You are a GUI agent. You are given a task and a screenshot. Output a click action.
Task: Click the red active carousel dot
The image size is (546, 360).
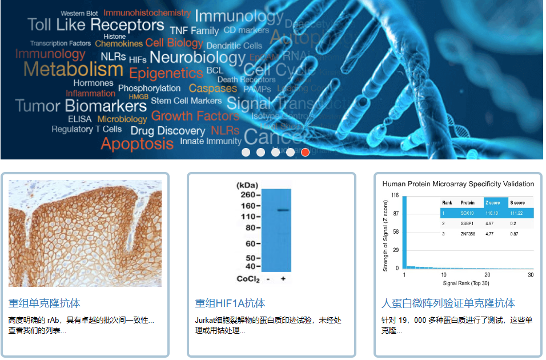pos(305,152)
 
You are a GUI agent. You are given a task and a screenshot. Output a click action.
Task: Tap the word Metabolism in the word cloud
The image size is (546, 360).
pos(73,70)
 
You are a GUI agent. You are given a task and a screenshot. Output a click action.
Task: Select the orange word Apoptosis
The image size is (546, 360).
pos(137,143)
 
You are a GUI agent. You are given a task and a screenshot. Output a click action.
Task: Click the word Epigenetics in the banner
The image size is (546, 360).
pos(166,73)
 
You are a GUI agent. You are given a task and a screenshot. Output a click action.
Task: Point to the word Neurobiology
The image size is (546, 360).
pos(198,58)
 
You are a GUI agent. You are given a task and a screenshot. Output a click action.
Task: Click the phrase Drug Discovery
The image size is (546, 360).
pos(167,131)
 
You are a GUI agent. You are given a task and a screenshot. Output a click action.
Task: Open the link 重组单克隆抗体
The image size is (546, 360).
pos(45,303)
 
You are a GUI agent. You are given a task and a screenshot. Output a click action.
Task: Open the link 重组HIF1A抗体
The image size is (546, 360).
pos(230,303)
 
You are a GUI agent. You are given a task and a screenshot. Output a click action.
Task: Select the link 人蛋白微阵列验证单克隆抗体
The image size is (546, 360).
pos(448,303)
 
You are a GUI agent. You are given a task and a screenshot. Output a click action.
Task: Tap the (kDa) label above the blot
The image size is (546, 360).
pos(247,185)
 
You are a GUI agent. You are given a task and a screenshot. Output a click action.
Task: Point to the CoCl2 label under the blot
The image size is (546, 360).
pos(248,279)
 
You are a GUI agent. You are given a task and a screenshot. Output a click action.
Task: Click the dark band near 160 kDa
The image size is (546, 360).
pos(283,210)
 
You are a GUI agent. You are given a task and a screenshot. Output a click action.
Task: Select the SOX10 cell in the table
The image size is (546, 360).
pos(467,213)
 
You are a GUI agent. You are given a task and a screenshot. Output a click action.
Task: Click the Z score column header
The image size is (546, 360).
pos(492,203)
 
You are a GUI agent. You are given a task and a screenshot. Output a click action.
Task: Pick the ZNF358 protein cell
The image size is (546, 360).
pos(468,234)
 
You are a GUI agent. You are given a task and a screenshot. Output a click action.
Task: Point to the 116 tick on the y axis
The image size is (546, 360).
pos(395,195)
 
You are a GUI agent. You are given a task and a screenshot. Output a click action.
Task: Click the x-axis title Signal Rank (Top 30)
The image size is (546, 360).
pos(465,283)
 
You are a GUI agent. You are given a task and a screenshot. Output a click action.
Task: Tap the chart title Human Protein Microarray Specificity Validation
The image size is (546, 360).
pos(458,184)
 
